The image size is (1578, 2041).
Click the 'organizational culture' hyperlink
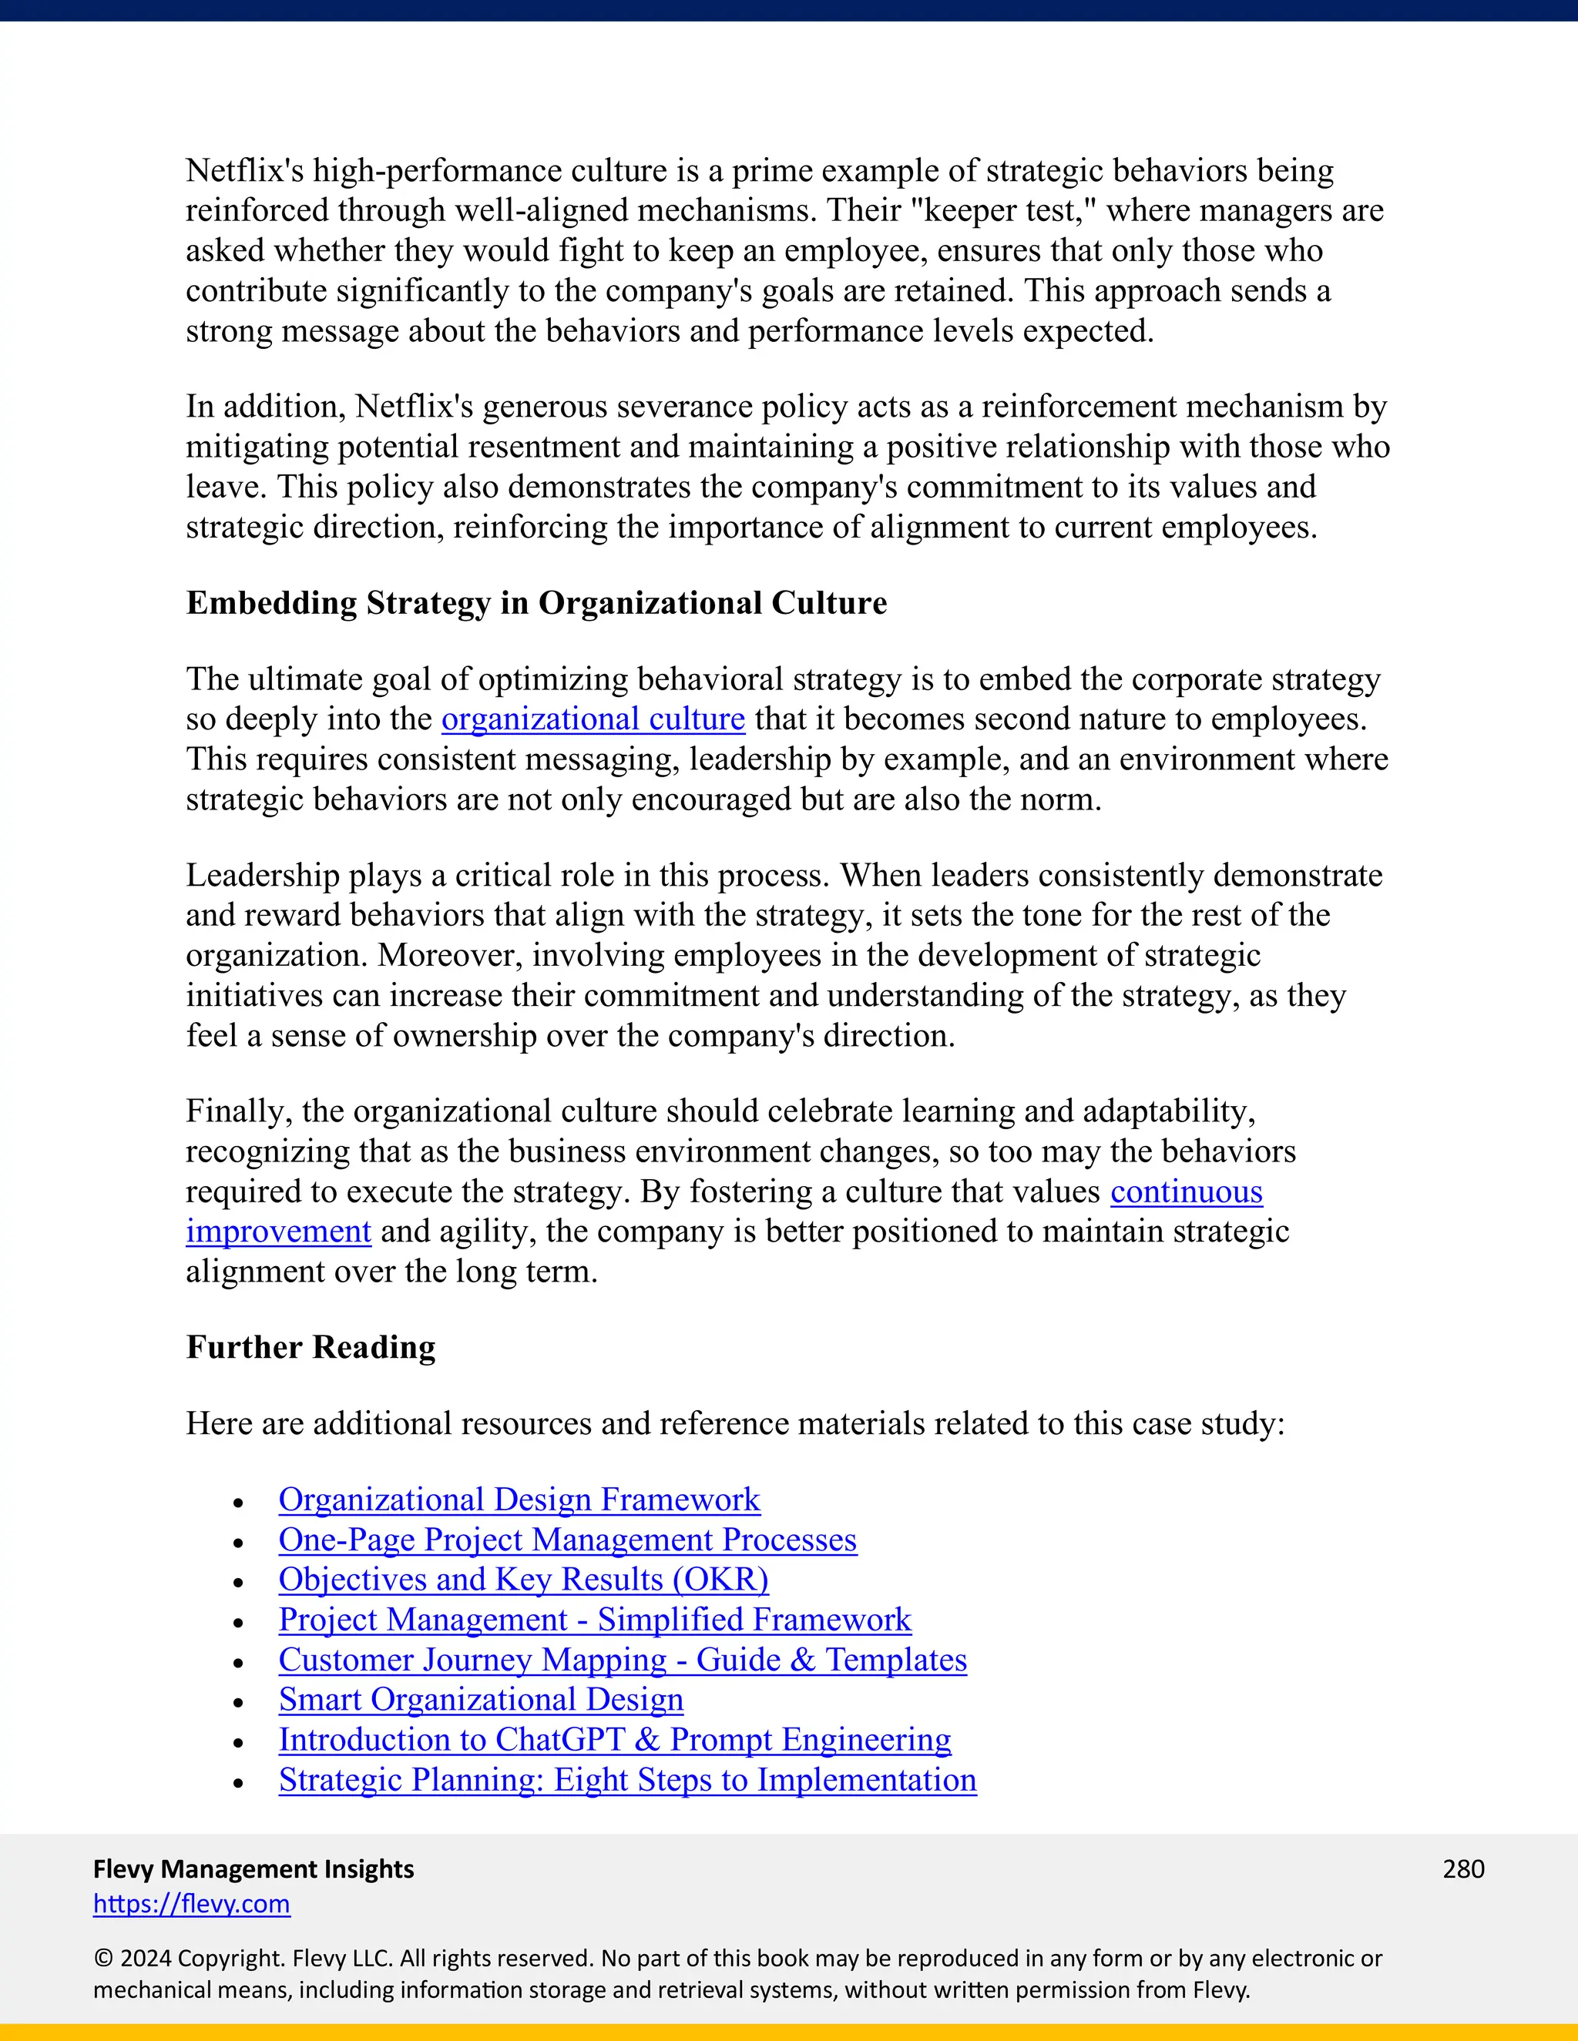tap(593, 719)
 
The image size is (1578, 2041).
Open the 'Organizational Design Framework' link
tap(519, 1500)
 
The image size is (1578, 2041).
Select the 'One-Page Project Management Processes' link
tap(567, 1540)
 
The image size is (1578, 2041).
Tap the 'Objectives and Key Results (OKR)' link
tap(523, 1580)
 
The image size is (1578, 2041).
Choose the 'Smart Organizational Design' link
tap(481, 1700)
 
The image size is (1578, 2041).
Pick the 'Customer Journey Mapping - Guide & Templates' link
tap(623, 1661)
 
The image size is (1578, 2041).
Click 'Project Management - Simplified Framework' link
tap(595, 1620)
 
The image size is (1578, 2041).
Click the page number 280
tap(1463, 1869)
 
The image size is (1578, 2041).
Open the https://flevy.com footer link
tap(192, 1904)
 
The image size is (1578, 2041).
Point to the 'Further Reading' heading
tap(311, 1348)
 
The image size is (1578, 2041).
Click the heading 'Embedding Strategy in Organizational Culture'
tap(536, 604)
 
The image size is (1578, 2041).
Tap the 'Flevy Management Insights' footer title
tap(253, 1869)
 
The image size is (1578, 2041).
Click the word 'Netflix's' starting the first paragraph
tap(244, 171)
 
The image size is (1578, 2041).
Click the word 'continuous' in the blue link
tap(1187, 1192)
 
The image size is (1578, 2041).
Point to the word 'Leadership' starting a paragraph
tap(262, 876)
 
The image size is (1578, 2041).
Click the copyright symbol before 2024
tap(102, 1959)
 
